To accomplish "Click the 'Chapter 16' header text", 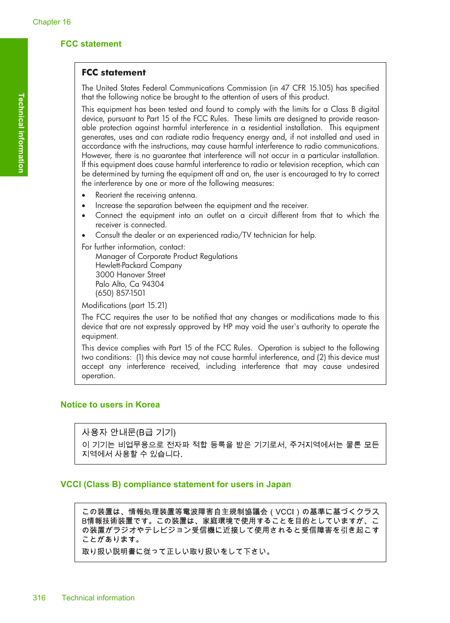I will tap(51, 22).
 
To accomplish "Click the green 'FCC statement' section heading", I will tap(91, 44).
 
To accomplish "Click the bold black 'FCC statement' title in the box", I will tap(113, 73).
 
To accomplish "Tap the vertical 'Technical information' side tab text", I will tap(21, 133).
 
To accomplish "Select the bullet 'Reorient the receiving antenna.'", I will tap(146, 195).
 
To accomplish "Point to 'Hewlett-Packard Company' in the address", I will tap(138, 266).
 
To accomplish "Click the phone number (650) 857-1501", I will tap(120, 293).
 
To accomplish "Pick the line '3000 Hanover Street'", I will tap(130, 275).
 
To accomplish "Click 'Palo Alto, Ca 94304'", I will tap(130, 284).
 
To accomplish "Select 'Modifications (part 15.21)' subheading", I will tap(124, 306).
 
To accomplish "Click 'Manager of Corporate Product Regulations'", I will tap(166, 257).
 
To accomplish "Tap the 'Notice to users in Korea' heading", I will tap(110, 405).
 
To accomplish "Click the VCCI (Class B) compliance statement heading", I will tap(175, 484).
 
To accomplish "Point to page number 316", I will tap(39, 598).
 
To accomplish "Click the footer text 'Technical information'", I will tap(98, 598).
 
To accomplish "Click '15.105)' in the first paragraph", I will tap(321, 88).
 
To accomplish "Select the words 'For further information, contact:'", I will tap(133, 247).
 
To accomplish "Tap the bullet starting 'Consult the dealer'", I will tap(205, 235).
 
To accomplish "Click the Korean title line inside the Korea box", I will tap(129, 432).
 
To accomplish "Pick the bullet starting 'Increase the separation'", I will tap(201, 206).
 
